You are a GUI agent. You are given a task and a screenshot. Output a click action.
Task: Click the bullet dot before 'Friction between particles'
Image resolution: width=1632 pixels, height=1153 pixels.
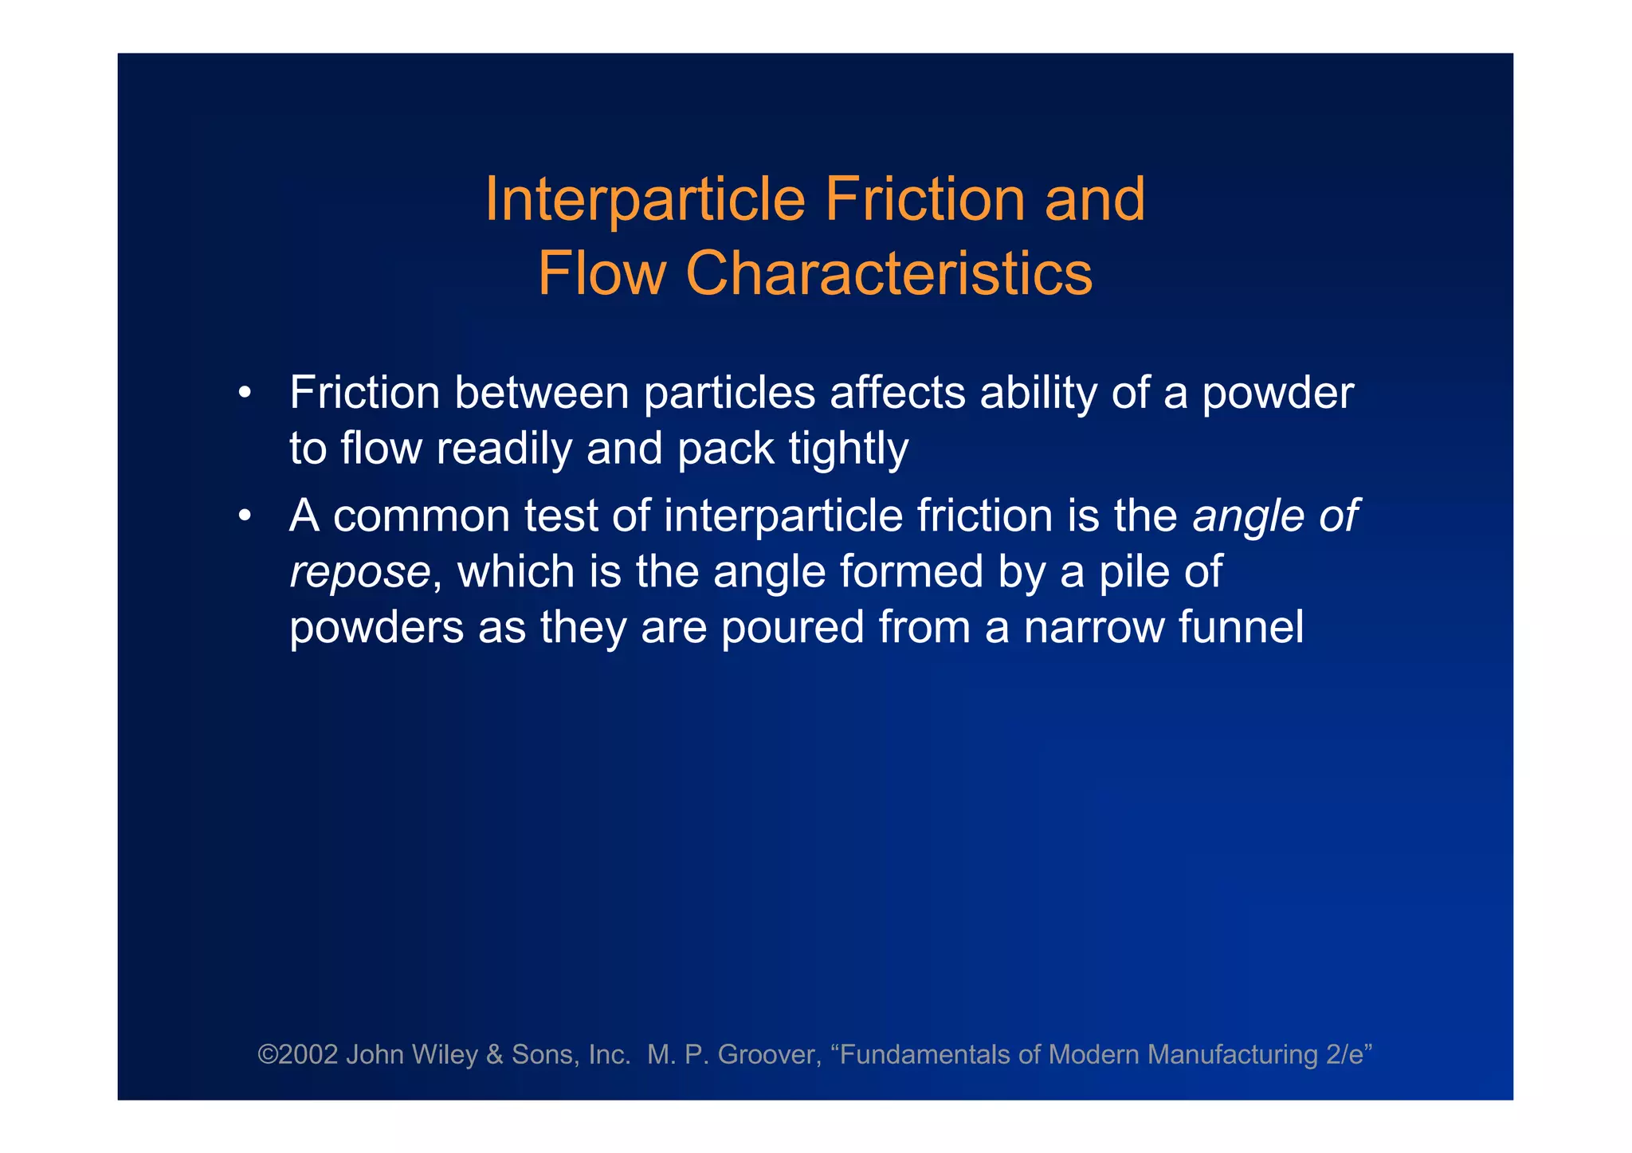tap(245, 393)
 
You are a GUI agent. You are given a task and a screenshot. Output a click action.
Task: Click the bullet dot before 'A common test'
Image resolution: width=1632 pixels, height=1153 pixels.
tap(245, 516)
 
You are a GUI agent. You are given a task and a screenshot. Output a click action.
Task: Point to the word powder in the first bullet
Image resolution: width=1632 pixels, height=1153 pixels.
tap(1277, 394)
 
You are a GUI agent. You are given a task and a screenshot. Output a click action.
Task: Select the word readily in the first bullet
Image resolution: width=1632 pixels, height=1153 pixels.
tap(504, 449)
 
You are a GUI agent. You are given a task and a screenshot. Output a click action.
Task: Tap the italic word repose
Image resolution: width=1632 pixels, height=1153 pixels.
tap(359, 572)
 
